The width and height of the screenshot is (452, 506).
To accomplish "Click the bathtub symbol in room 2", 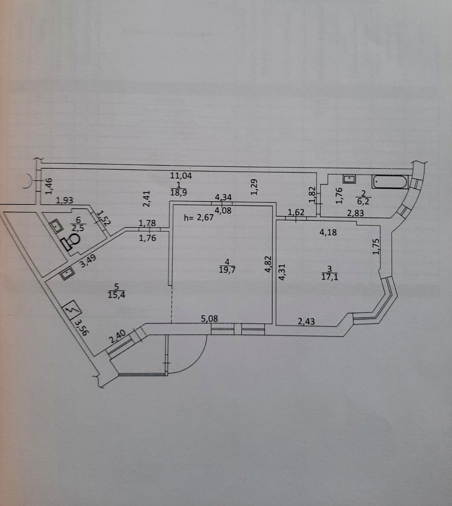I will point(390,183).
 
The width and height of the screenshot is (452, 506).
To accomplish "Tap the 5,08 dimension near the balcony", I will point(209,319).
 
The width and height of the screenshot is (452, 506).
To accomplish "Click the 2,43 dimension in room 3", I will point(306,321).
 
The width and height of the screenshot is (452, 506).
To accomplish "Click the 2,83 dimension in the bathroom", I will point(355,213).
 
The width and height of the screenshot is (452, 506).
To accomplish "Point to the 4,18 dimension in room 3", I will point(329,231).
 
